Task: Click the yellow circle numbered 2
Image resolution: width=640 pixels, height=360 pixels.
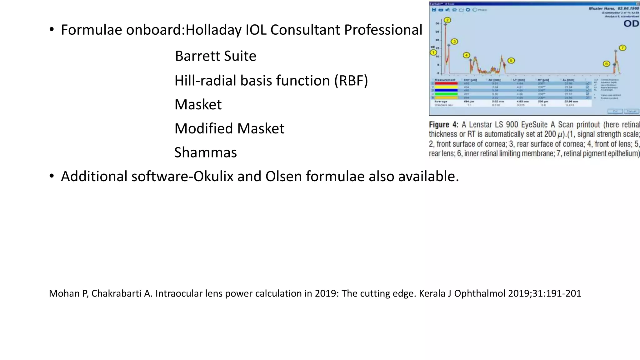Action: pos(447,20)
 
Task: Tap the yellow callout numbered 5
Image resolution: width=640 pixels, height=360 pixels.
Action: pos(511,61)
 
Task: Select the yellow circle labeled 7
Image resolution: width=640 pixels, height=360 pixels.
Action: pos(622,48)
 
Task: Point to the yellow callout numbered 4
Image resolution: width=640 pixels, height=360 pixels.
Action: pos(466,55)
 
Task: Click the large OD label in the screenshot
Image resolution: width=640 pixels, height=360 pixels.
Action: pos(631,24)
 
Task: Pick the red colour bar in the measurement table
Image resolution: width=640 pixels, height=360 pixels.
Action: pos(446,83)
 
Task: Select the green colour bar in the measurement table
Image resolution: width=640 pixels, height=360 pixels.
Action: pos(446,94)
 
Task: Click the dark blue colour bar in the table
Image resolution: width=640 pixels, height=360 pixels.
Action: pos(446,90)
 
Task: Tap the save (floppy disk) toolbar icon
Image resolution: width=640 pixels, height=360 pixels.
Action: pos(434,10)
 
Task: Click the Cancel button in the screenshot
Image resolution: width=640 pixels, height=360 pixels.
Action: pos(631,111)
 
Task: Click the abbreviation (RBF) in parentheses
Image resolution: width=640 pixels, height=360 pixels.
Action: pos(351,80)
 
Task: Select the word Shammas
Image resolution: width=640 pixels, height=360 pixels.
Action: pos(206,152)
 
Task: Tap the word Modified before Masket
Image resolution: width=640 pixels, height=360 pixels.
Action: pos(204,128)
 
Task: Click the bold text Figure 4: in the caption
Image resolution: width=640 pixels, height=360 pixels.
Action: pos(443,125)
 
